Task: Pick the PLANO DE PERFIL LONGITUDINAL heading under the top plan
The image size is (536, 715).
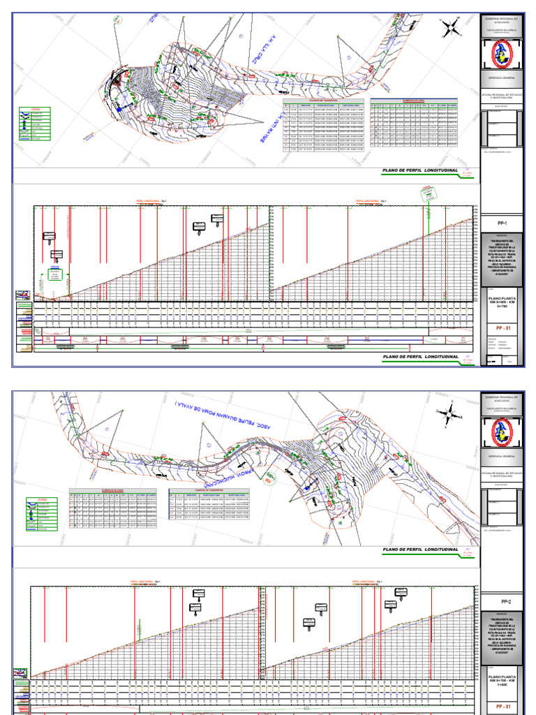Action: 419,171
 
